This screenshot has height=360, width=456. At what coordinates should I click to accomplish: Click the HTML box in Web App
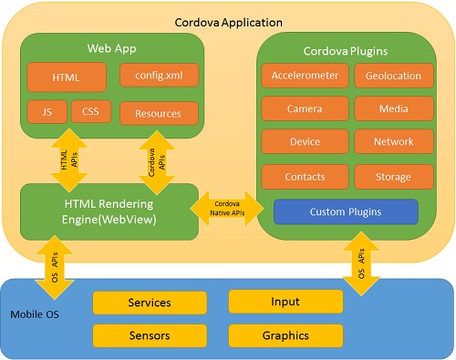pyautogui.click(x=66, y=77)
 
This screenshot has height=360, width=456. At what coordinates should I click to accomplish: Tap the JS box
pyautogui.click(x=47, y=112)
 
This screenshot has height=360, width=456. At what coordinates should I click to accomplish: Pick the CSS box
pyautogui.click(x=90, y=112)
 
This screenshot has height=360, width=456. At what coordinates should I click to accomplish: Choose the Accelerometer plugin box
pyautogui.click(x=304, y=76)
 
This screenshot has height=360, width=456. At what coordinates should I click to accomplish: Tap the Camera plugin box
pyautogui.click(x=304, y=109)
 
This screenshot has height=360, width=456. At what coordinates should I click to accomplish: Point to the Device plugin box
pyautogui.click(x=304, y=142)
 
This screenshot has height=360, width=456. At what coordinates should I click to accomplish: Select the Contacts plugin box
pyautogui.click(x=304, y=176)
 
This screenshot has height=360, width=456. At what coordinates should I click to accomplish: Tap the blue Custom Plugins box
pyautogui.click(x=346, y=211)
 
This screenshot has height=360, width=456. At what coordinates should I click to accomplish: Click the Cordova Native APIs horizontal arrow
pyautogui.click(x=228, y=211)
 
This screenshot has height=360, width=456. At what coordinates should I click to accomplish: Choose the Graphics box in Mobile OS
pyautogui.click(x=285, y=335)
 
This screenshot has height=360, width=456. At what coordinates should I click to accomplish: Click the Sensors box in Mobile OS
pyautogui.click(x=149, y=335)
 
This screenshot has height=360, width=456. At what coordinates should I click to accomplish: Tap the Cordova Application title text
pyautogui.click(x=228, y=21)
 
